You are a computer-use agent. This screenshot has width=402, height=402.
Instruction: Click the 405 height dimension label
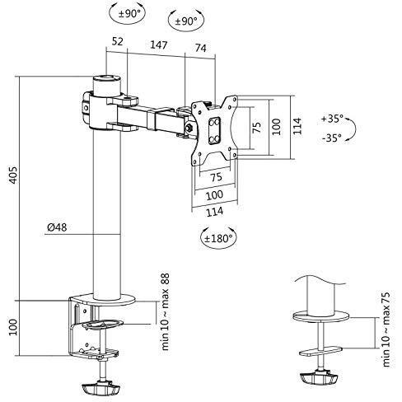[14, 175]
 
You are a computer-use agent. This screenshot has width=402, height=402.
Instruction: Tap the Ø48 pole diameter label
[57, 227]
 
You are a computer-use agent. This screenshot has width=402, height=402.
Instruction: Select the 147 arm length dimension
[159, 44]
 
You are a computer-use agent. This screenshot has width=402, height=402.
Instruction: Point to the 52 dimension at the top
[118, 41]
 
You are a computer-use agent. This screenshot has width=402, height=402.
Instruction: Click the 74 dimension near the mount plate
[200, 48]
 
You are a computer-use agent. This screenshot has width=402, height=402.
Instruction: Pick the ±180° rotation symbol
[218, 238]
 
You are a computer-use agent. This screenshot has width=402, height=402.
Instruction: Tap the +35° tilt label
[332, 119]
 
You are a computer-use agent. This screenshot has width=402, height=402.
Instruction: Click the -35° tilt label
[332, 138]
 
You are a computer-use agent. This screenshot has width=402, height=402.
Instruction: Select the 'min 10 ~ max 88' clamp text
[166, 311]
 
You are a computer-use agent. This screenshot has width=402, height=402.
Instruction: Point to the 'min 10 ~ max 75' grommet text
[386, 330]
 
